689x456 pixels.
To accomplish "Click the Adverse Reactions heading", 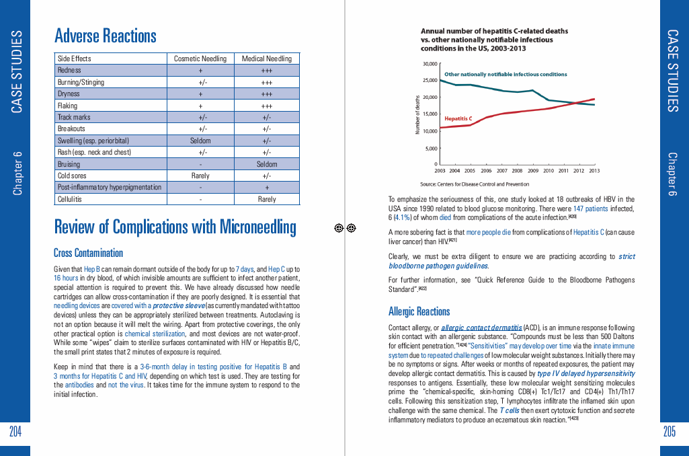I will [106, 36].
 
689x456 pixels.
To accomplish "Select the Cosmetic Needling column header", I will [200, 59].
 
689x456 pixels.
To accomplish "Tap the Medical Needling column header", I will [267, 59].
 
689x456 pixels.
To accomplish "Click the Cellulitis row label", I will [70, 199].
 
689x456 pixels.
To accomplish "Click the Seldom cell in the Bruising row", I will [267, 164].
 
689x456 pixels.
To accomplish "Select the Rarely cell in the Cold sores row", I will [200, 176].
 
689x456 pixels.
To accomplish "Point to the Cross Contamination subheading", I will [88, 253].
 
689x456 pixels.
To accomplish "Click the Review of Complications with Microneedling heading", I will [175, 227].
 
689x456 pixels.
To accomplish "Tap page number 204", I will [15, 432].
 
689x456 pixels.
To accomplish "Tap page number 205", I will [669, 432].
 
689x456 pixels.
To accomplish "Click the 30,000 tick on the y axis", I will [430, 64].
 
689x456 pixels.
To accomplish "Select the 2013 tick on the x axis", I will [594, 171].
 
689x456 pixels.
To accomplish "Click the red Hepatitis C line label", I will [458, 118].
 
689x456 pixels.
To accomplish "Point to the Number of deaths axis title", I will [417, 114].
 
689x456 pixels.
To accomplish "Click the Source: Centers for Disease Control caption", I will [475, 184].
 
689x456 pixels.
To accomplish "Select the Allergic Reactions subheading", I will [419, 311].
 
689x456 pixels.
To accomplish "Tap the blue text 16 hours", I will [67, 278].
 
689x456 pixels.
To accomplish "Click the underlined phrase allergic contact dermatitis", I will [481, 328].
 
